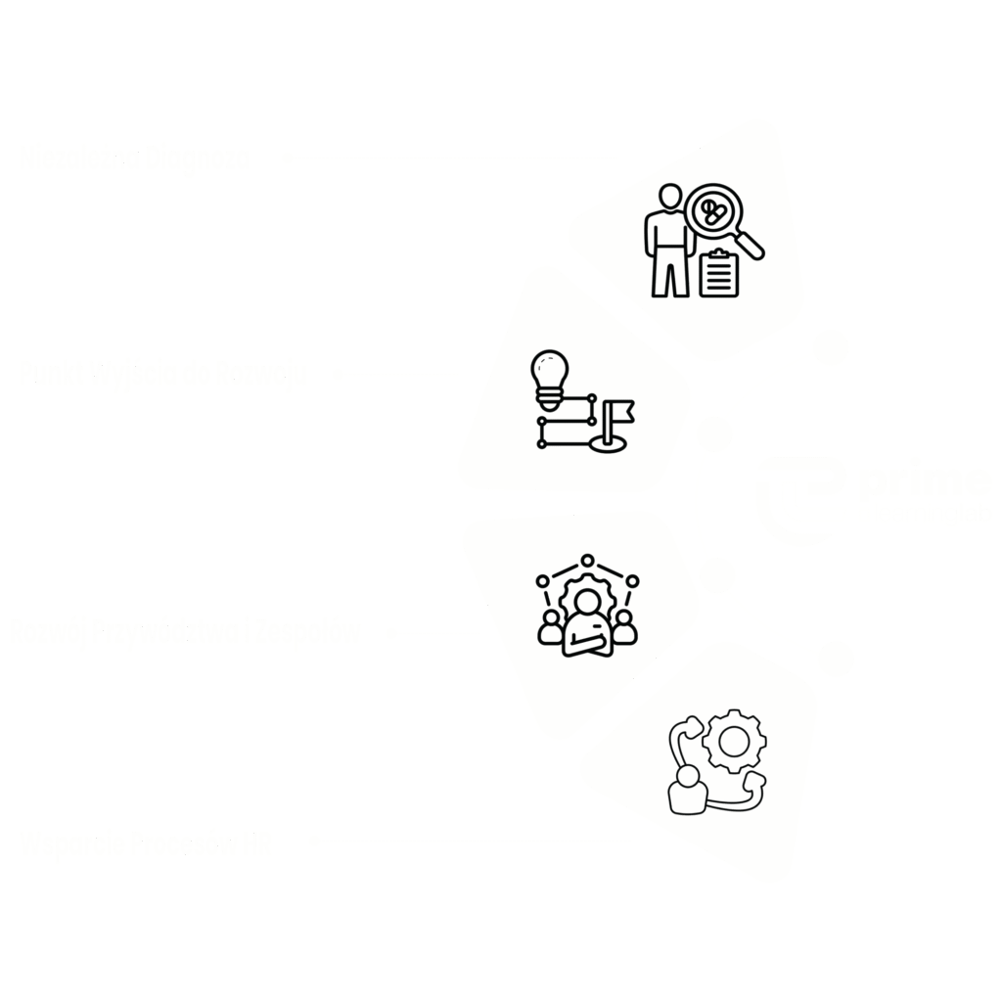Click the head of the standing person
coord(670,197)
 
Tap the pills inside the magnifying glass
coord(713,211)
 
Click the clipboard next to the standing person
coord(720,275)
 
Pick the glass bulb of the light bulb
coord(549,369)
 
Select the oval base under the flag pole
coord(608,445)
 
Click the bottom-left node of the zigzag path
coord(542,444)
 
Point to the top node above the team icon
coord(587,561)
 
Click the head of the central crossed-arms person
coord(587,600)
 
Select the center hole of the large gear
coord(734,742)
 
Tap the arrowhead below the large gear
coord(754,782)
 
